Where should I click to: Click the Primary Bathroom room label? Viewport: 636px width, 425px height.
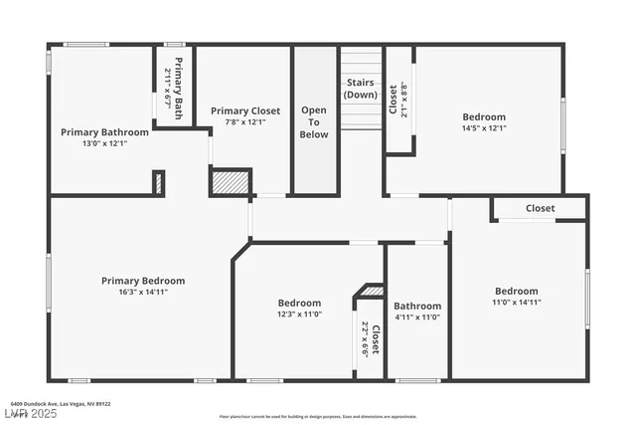[104, 131]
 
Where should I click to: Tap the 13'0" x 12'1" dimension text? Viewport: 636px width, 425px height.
[104, 143]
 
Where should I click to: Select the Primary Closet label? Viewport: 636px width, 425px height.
[245, 110]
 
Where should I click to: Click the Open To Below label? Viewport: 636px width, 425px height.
[314, 122]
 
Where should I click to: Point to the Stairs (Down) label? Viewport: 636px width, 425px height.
[361, 88]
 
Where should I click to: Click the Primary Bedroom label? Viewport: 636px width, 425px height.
[143, 281]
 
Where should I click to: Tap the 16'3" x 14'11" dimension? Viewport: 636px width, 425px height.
[143, 293]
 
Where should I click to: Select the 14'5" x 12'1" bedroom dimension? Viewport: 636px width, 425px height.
[484, 128]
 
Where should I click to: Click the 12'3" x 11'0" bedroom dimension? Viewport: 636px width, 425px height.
[299, 315]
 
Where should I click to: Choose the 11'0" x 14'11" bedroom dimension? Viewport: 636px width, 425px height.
[517, 303]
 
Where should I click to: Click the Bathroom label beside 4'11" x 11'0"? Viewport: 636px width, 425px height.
[417, 306]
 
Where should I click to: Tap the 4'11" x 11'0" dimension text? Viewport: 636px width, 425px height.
[417, 318]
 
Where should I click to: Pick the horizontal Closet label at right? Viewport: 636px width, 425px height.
[541, 208]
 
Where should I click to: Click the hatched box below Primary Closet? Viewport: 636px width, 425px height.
[229, 182]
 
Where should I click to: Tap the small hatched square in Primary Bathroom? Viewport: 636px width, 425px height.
[158, 183]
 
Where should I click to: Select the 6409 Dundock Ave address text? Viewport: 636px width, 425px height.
[68, 404]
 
